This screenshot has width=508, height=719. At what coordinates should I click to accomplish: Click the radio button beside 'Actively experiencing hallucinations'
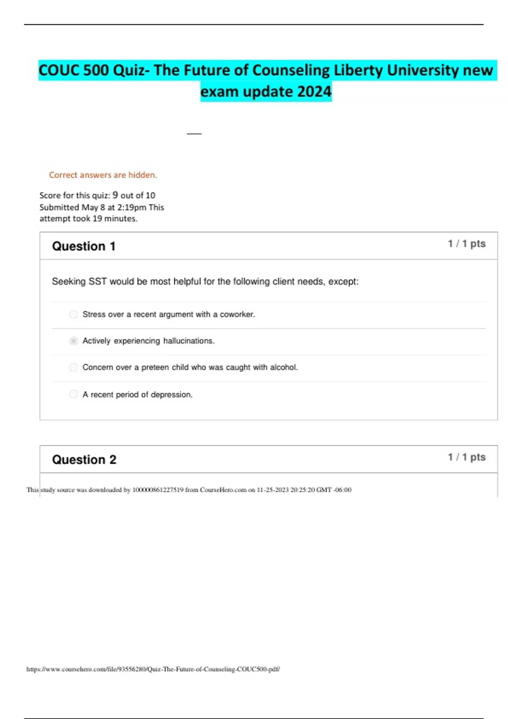(74, 341)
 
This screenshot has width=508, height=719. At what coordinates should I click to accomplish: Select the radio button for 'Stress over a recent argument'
(74, 314)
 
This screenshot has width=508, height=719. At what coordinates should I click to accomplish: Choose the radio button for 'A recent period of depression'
(74, 394)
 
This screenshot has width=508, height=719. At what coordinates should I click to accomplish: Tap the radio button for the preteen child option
(74, 368)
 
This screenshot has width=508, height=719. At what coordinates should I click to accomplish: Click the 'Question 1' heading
(83, 246)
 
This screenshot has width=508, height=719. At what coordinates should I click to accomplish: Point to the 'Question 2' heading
(84, 460)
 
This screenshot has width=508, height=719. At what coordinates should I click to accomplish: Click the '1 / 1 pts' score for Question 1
(467, 244)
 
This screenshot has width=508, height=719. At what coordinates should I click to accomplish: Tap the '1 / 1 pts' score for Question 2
(467, 457)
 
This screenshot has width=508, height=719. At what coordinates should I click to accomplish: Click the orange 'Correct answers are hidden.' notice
(103, 175)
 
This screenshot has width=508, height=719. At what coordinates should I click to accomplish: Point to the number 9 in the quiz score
(115, 195)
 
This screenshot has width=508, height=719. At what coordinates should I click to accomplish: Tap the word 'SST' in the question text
(97, 282)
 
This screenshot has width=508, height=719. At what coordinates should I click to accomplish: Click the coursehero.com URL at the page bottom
(153, 669)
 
